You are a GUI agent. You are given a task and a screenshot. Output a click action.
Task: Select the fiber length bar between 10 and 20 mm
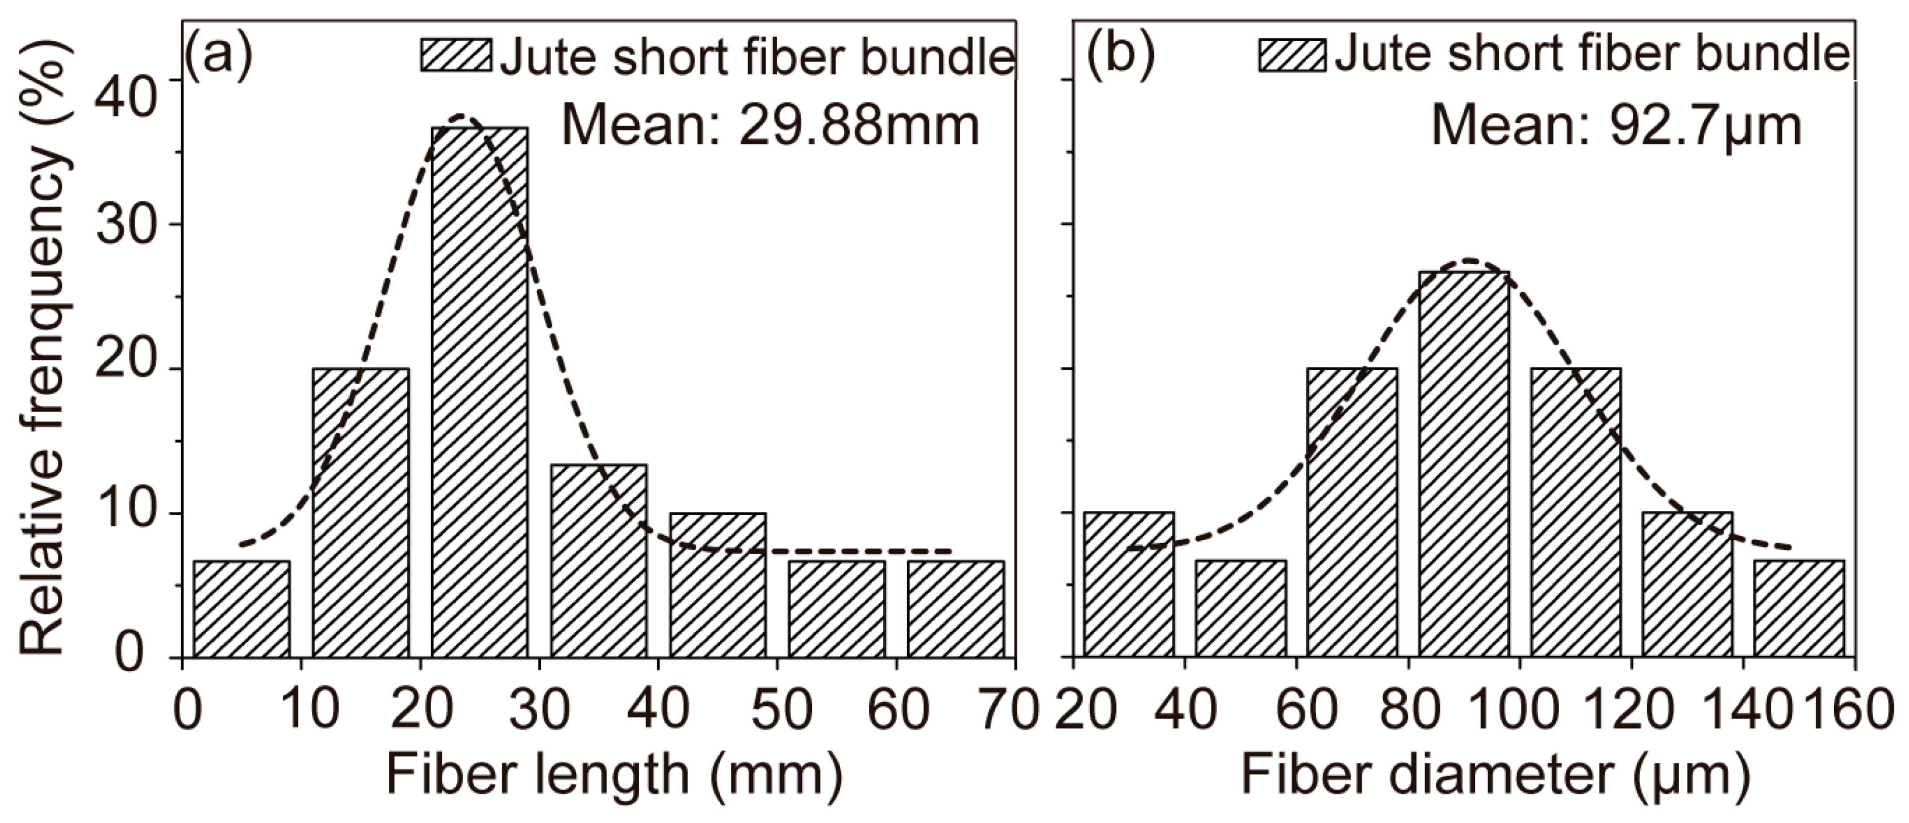tap(360, 512)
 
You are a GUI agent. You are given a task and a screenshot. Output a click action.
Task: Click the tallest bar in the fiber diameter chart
tap(1463, 464)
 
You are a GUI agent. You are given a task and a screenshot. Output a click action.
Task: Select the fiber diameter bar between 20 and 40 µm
tap(1129, 584)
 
